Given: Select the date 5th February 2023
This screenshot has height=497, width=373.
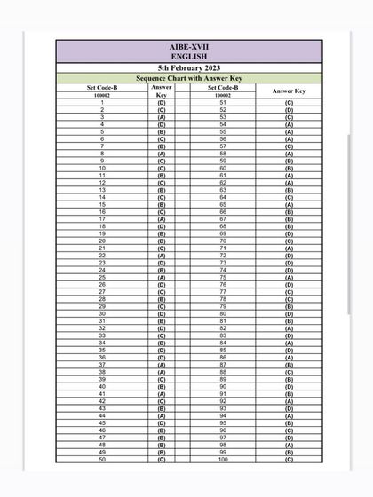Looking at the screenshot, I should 188,68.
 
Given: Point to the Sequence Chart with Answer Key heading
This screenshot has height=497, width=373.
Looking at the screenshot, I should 188,78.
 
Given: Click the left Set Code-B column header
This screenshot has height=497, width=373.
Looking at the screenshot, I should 102,87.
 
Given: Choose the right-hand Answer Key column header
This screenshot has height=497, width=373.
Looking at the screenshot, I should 289,91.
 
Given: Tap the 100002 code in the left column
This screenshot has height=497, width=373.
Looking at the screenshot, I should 102,95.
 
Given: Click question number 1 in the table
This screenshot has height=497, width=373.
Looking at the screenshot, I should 102,103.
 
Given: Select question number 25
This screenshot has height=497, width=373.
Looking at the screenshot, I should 102,277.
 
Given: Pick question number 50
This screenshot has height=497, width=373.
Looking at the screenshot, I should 102,459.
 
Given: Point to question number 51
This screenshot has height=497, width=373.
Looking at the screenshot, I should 223,103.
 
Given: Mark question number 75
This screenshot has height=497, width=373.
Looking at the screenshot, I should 223,277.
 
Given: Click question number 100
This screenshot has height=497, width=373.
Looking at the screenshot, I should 223,459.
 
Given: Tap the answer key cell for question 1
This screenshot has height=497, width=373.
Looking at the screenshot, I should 161,103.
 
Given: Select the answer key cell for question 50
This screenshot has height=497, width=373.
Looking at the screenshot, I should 161,459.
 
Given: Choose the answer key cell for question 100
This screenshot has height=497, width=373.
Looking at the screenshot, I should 289,459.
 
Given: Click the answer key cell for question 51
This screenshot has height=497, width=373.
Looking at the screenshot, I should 289,103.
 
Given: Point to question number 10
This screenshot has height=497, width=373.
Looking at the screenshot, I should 102,168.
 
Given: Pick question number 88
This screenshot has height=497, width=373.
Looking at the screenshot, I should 223,372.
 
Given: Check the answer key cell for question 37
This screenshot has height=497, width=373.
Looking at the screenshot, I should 161,364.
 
